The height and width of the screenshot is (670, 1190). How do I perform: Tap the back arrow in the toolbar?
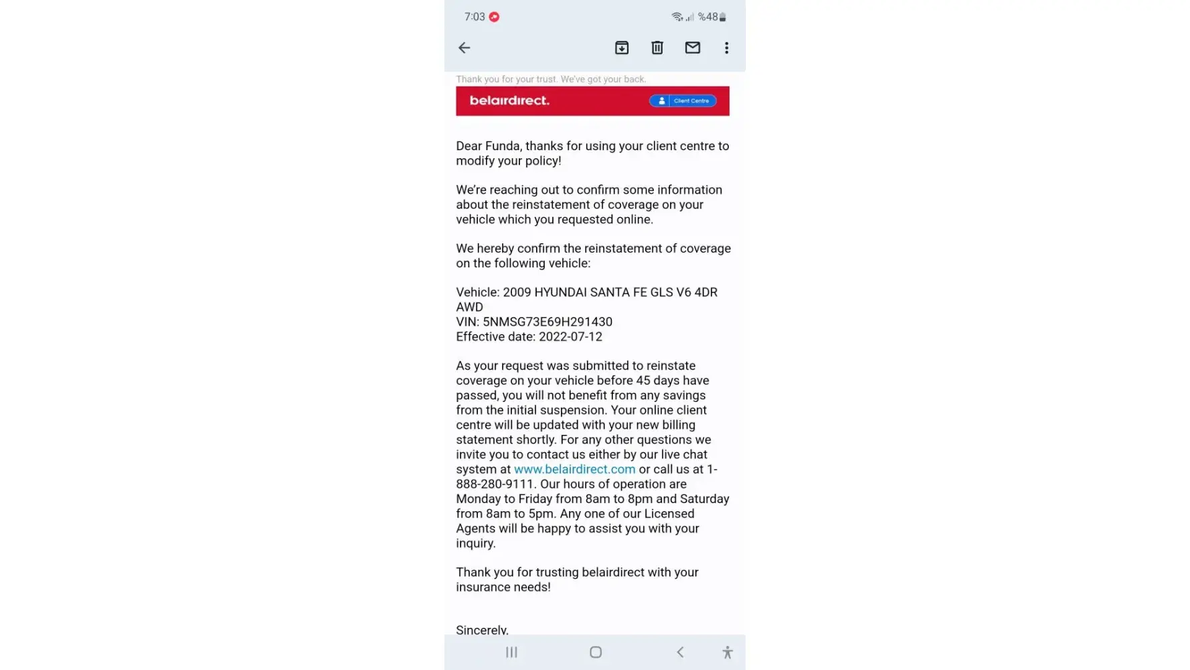(x=464, y=48)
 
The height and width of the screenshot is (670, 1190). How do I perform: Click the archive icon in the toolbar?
(x=622, y=48)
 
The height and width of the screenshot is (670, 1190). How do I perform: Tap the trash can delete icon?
(x=657, y=48)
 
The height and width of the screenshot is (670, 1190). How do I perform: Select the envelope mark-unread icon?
(x=693, y=48)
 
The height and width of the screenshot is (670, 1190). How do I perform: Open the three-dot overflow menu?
(x=726, y=48)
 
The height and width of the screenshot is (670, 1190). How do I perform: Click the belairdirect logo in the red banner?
(x=509, y=100)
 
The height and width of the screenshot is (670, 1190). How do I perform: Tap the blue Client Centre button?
(x=683, y=100)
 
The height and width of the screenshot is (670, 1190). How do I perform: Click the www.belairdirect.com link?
(x=574, y=469)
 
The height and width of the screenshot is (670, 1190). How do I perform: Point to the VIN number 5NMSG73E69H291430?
(x=547, y=322)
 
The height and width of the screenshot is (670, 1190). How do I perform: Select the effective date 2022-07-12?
(x=570, y=336)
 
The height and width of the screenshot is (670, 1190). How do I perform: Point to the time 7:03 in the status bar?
(x=475, y=17)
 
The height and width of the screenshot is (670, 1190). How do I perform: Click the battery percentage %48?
(x=707, y=17)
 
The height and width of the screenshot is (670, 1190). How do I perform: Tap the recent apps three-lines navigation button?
(x=511, y=652)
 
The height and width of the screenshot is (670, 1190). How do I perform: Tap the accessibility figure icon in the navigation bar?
(x=728, y=652)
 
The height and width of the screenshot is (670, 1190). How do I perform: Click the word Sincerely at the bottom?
(x=482, y=629)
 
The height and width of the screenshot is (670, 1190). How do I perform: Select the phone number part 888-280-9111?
(x=495, y=484)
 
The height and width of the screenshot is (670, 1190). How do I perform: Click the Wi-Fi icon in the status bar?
(x=677, y=17)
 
